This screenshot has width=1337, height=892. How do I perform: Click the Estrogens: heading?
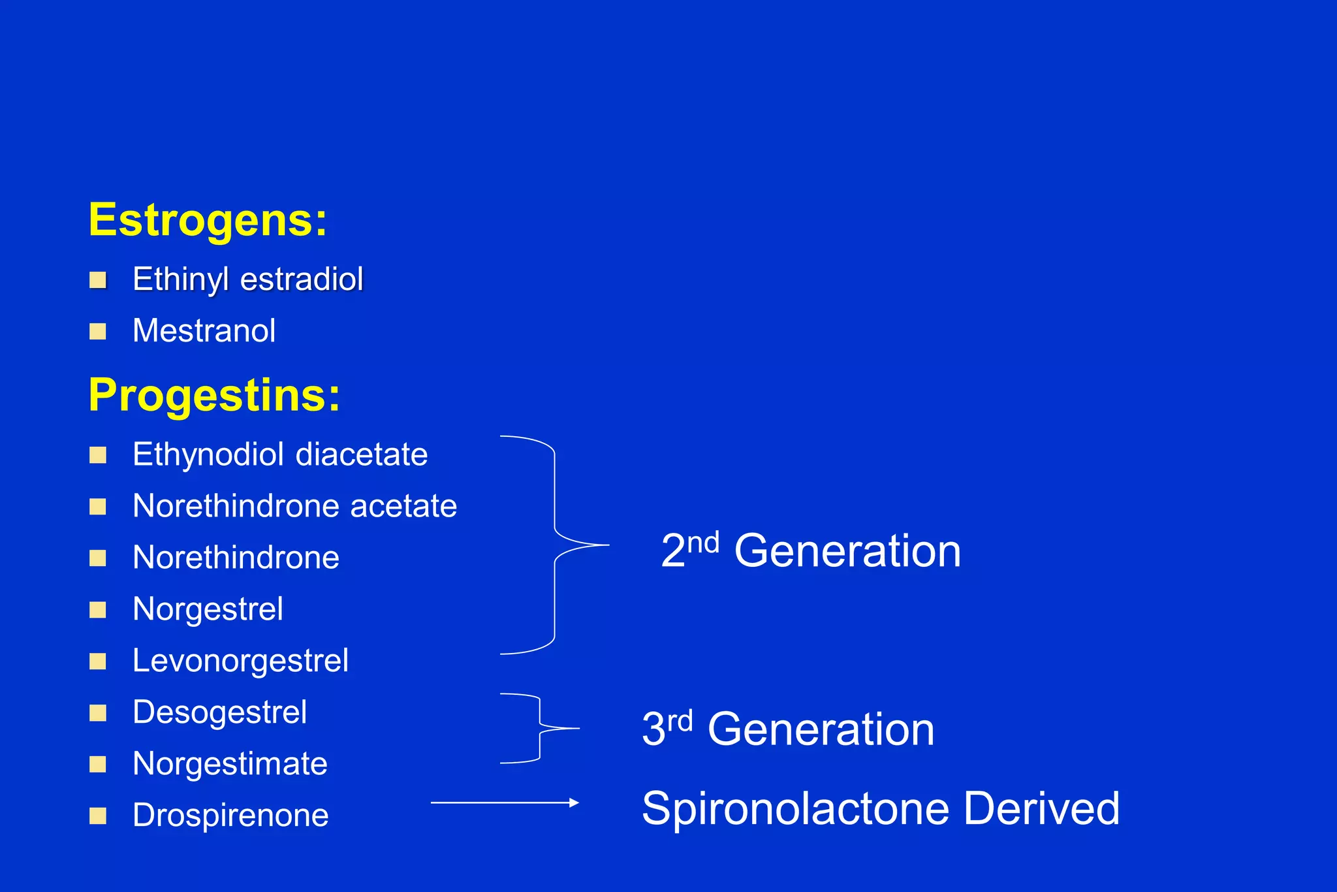(208, 221)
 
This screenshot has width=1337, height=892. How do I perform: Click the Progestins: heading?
(214, 396)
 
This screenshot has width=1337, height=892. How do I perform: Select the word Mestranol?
(204, 331)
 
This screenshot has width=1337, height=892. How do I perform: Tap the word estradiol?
(302, 279)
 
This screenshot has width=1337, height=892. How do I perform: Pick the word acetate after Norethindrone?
(403, 506)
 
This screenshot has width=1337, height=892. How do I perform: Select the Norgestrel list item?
(208, 609)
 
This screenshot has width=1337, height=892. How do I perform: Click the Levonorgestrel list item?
(240, 661)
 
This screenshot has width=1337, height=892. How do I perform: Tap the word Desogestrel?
(219, 712)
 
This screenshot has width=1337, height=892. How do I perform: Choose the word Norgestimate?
(230, 764)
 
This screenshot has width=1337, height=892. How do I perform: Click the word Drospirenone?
(230, 816)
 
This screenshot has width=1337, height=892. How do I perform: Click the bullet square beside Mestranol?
(98, 332)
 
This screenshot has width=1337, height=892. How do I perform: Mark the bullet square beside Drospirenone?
(98, 816)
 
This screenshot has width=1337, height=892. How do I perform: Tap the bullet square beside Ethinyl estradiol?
(98, 280)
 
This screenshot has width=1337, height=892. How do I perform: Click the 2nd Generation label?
(811, 550)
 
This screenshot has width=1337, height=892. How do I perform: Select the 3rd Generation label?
(788, 729)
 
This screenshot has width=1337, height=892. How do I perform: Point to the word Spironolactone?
(796, 809)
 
